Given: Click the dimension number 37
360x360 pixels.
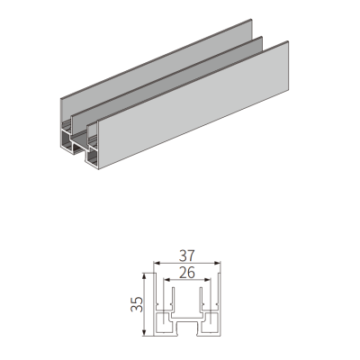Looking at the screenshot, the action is (187, 256).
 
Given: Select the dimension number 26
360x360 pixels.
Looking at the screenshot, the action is (187, 273).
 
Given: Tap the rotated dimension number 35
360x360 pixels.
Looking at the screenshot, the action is (137, 304).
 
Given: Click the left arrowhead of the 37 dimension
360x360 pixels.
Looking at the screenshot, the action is (157, 263).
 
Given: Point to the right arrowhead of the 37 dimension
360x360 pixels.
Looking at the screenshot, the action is (217, 263).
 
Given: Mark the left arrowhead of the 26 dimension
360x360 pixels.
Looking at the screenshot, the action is (166, 280).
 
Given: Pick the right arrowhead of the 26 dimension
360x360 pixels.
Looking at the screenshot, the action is (207, 280).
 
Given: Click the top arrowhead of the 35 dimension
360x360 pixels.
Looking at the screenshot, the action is (145, 276).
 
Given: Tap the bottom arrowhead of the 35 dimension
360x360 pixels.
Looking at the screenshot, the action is (145, 332).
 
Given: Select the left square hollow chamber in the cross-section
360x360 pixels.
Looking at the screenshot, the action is (163, 322).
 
